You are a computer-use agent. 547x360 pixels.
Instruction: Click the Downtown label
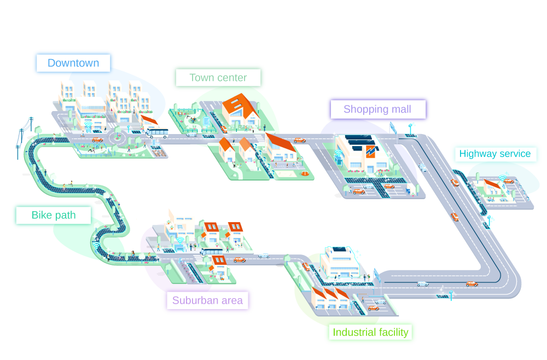[x=73, y=63]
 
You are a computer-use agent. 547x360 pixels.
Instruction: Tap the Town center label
[x=218, y=78]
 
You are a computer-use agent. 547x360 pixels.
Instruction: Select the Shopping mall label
[x=377, y=109]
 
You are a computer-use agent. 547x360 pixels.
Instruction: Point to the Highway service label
[x=495, y=154]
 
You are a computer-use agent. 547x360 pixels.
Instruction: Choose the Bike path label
[x=53, y=215]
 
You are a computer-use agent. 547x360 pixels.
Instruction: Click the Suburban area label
[x=207, y=300]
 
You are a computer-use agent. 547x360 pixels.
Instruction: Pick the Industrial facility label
[x=370, y=332]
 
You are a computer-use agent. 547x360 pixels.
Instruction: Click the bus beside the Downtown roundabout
[x=156, y=132]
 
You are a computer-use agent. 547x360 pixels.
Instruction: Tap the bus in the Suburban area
[x=212, y=252]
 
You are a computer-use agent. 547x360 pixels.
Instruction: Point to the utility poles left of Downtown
[x=24, y=134]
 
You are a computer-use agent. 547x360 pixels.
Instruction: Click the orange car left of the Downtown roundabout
[x=97, y=140]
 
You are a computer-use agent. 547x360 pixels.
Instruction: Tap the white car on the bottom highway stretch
[x=422, y=283]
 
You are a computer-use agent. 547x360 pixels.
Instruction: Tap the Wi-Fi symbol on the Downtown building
[x=88, y=126]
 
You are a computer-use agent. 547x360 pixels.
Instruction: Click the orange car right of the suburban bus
[x=239, y=259]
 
